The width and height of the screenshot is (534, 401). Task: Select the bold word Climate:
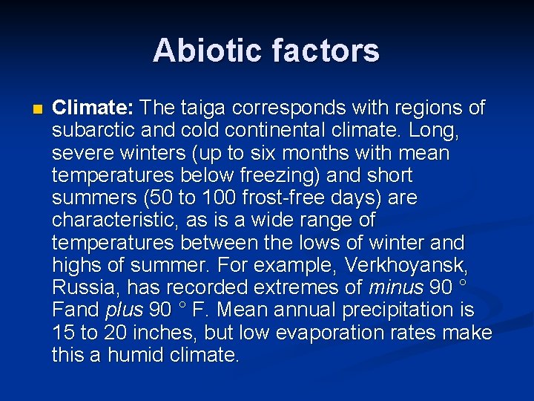[92, 108]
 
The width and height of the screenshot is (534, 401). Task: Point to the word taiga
[203, 108]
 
